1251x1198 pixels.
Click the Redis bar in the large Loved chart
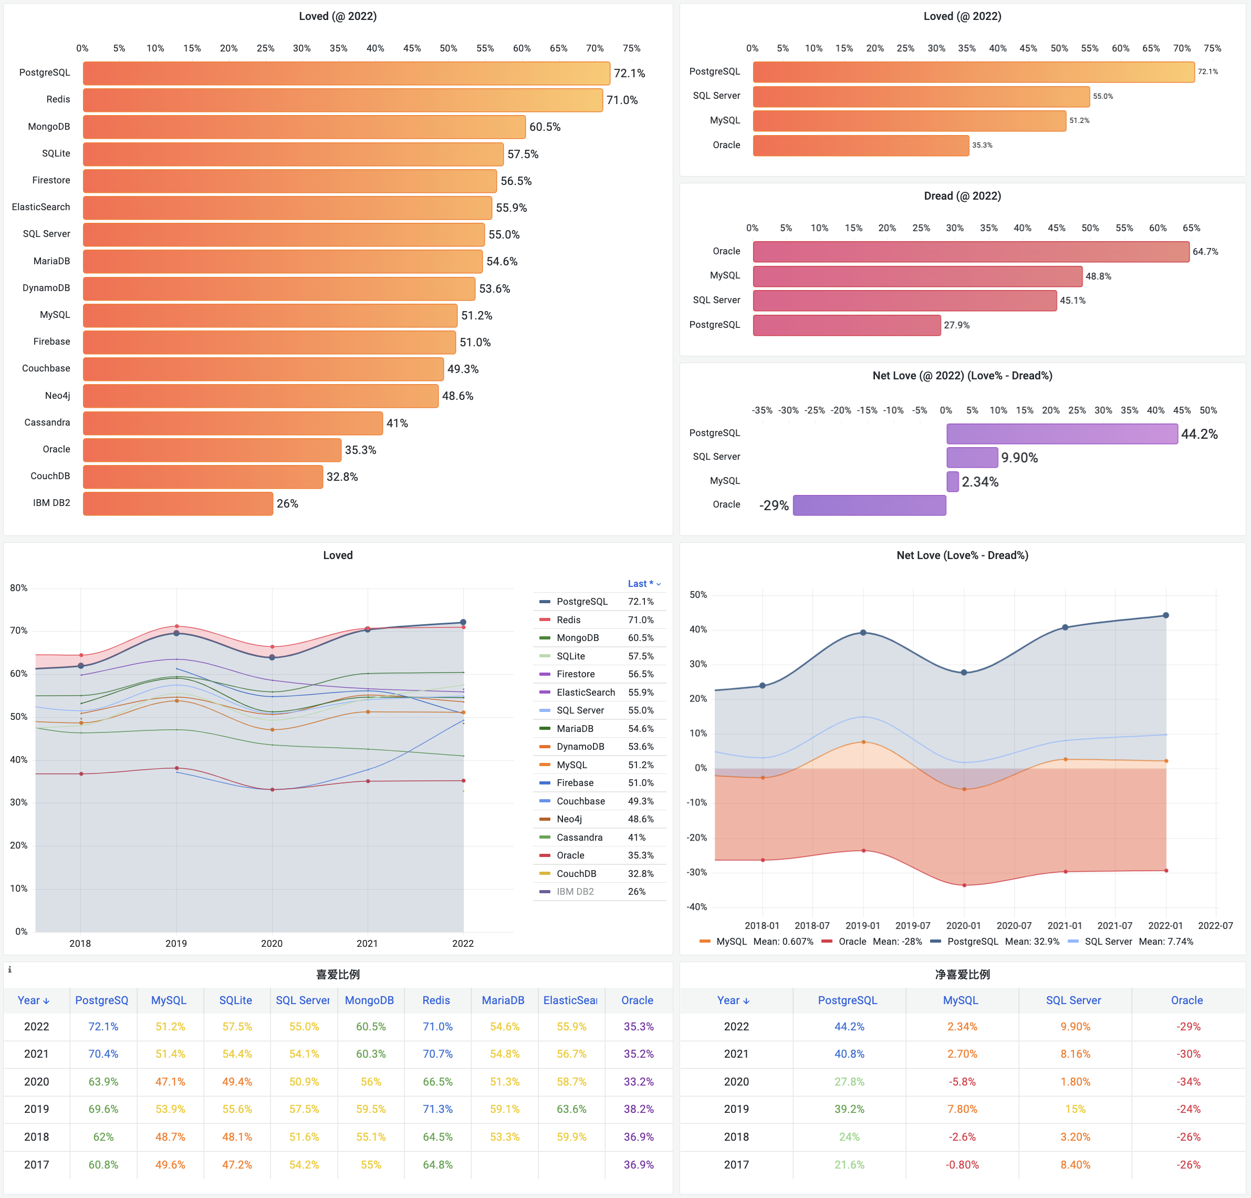click(343, 100)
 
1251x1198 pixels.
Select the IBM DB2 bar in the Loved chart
click(178, 503)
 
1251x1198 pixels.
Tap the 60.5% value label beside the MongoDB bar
click(545, 127)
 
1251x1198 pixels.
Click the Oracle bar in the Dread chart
click(971, 252)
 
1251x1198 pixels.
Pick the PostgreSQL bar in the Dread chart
click(846, 325)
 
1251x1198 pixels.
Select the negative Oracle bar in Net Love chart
click(869, 505)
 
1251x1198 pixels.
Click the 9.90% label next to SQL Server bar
click(1019, 458)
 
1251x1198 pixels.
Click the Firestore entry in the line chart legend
click(575, 674)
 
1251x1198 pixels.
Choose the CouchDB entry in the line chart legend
click(576, 874)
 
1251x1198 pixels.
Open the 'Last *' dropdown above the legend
click(643, 584)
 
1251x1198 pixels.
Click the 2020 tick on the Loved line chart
click(272, 943)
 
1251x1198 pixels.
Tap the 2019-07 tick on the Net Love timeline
click(913, 925)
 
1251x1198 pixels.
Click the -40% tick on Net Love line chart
click(696, 907)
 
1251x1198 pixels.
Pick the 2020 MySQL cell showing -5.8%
click(962, 1082)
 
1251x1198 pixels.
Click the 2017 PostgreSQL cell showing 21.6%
click(849, 1165)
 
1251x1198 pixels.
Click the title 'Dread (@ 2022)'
click(962, 196)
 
